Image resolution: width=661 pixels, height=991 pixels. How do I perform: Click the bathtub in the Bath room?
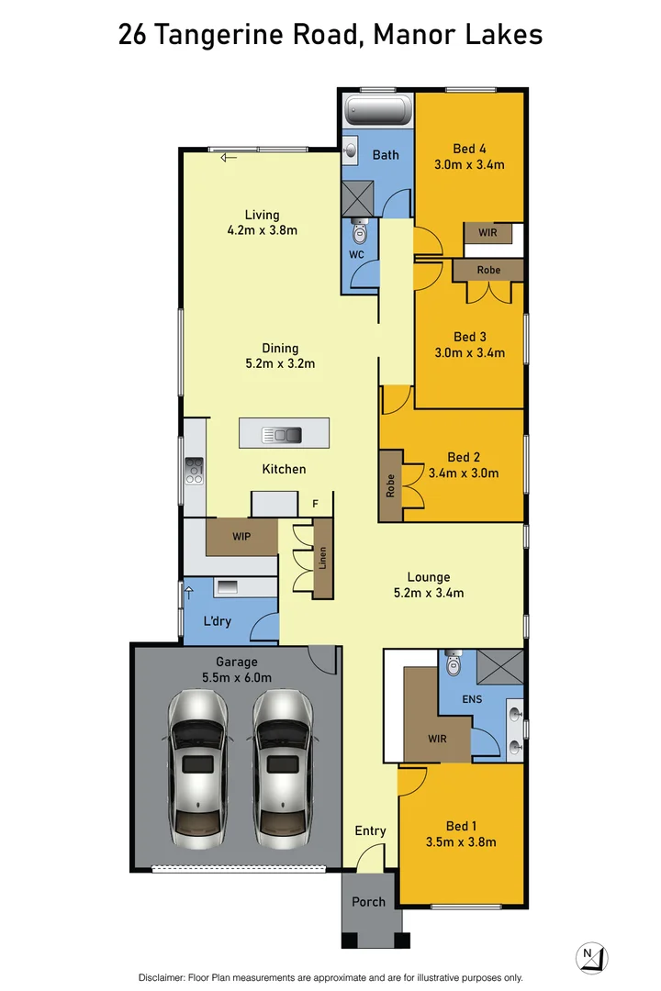click(x=378, y=111)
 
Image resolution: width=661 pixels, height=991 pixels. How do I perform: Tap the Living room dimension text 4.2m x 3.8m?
click(x=263, y=230)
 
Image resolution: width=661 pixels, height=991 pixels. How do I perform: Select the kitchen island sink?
click(x=282, y=435)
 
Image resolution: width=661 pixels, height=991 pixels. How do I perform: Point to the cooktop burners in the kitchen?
click(x=195, y=471)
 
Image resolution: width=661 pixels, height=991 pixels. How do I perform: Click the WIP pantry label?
click(x=241, y=537)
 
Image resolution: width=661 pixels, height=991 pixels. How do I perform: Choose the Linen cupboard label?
click(x=322, y=558)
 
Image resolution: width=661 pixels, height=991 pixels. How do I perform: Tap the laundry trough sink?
click(x=227, y=587)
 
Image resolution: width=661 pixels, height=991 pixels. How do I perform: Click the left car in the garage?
click(x=197, y=768)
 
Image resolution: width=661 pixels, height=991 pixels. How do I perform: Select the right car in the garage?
click(x=282, y=768)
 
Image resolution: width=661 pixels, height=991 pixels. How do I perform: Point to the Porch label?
click(x=368, y=902)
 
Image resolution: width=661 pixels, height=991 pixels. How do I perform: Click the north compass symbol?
click(x=591, y=957)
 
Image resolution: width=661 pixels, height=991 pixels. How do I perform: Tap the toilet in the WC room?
click(x=359, y=232)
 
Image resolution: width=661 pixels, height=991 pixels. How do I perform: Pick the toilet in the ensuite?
click(x=454, y=663)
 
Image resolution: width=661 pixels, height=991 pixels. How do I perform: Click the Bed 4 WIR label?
click(x=487, y=232)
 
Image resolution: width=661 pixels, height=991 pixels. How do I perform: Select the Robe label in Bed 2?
click(x=390, y=486)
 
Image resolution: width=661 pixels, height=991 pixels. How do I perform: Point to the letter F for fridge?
click(x=315, y=504)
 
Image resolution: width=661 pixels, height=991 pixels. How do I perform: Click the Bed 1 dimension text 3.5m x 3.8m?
click(x=461, y=841)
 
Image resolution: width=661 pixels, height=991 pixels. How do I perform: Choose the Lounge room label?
click(x=429, y=577)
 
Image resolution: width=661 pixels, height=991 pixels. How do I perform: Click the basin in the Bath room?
click(x=350, y=151)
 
